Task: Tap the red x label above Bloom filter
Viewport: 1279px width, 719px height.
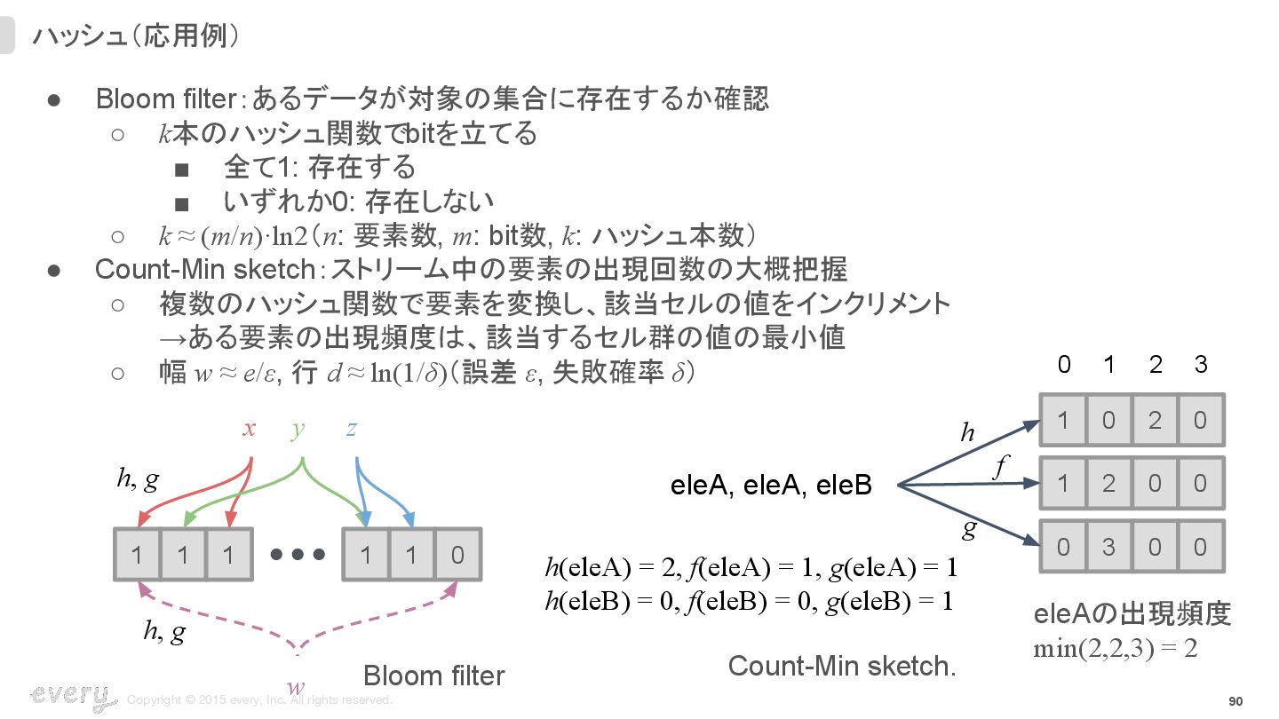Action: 250,430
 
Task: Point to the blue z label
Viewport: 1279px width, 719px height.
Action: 352,430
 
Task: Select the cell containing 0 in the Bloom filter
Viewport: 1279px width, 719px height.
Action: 457,556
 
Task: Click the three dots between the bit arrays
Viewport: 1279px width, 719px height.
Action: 298,555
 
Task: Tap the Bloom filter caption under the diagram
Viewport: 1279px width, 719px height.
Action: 433,676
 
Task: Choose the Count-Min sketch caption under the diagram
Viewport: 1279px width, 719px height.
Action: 841,667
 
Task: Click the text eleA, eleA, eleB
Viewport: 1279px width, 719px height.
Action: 770,486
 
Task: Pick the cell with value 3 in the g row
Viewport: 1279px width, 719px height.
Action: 1108,547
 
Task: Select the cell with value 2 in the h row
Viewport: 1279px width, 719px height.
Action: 1155,420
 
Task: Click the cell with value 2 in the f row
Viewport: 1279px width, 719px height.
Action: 1108,484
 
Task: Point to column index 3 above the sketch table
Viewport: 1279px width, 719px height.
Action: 1201,365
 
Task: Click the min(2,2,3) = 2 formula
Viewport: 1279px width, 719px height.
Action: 1116,649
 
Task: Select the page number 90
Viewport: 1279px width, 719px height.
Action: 1235,701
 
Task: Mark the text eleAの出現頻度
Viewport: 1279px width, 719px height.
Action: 1132,614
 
